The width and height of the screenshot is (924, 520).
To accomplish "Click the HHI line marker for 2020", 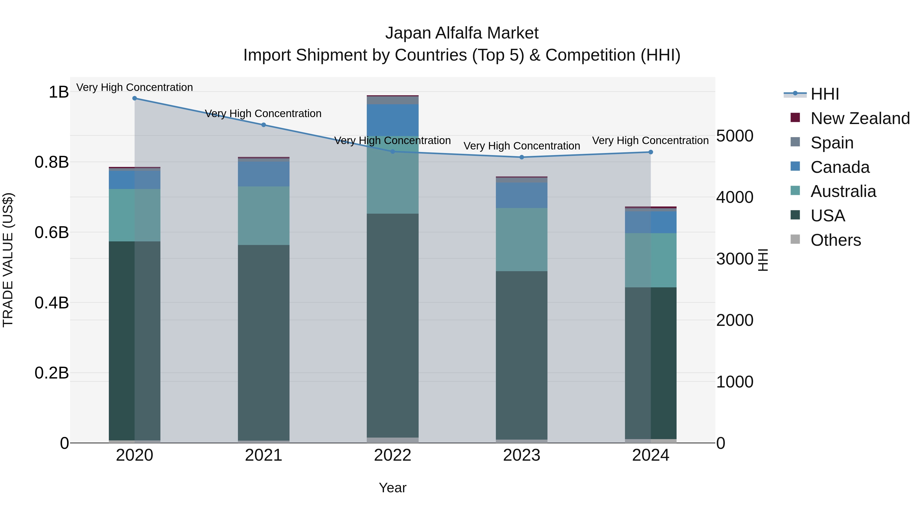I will (x=134, y=98).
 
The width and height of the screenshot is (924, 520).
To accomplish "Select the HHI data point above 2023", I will (x=522, y=157).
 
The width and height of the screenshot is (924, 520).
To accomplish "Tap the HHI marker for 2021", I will (x=264, y=125).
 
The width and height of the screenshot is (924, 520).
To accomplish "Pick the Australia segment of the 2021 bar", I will (x=264, y=215).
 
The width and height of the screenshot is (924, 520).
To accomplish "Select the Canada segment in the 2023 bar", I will (x=522, y=195).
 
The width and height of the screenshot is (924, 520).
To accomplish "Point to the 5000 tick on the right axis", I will (x=735, y=136).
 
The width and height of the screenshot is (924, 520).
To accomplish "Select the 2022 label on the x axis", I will (x=392, y=455).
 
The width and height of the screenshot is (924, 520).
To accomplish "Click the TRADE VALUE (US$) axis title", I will (x=8, y=260).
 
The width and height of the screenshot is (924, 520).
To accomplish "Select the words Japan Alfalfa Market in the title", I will (x=462, y=33).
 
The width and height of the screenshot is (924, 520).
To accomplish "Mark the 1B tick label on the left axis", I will (x=59, y=92).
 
